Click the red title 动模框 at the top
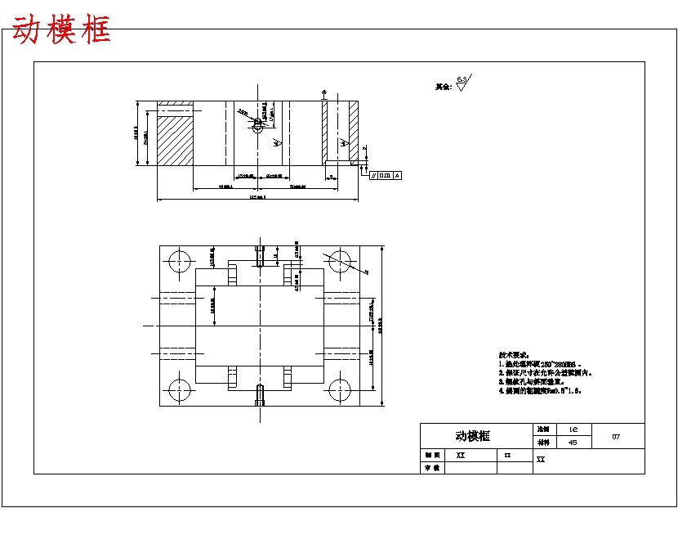click(x=61, y=30)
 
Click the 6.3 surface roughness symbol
click(x=462, y=83)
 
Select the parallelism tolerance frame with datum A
click(x=386, y=175)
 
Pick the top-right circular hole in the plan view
click(x=338, y=261)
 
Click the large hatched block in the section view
click(x=173, y=140)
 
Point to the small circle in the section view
click(x=258, y=125)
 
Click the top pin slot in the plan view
click(x=260, y=256)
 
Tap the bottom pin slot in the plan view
click(x=260, y=395)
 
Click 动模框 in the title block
click(x=473, y=436)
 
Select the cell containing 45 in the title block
click(x=572, y=442)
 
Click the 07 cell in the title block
click(x=616, y=436)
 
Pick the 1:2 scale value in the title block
click(x=573, y=429)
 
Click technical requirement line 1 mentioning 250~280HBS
click(x=540, y=364)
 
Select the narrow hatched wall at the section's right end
click(x=354, y=131)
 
